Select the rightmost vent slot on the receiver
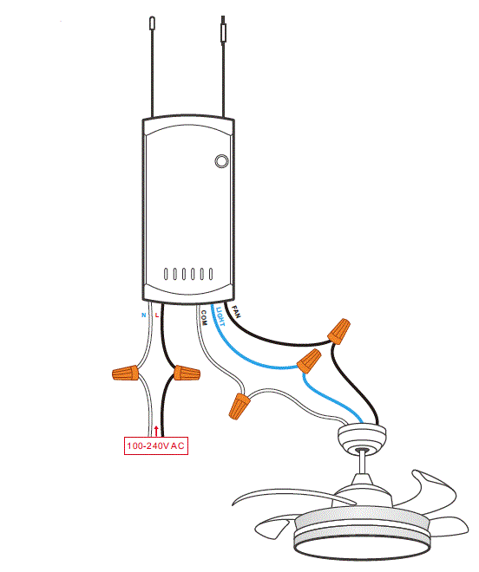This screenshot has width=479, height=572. (x=209, y=275)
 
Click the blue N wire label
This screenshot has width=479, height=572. (x=144, y=316)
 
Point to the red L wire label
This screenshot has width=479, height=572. (x=157, y=316)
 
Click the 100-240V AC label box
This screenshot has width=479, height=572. (x=156, y=446)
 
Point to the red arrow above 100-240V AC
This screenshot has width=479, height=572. (x=156, y=430)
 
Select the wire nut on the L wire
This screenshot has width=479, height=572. (x=186, y=374)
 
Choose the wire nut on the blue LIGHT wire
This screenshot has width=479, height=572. (x=309, y=361)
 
